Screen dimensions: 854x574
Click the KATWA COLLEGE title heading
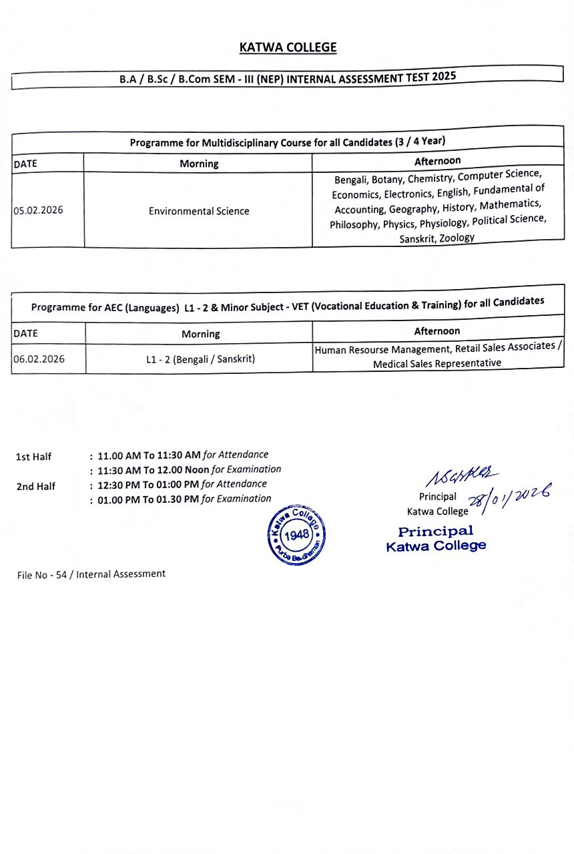tap(288, 47)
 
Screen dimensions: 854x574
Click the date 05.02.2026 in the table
tap(38, 210)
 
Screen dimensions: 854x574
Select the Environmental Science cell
tap(199, 211)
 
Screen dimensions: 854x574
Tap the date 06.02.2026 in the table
tap(39, 359)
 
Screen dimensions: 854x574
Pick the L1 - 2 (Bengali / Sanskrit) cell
tap(200, 359)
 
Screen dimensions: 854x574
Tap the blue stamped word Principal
tap(435, 531)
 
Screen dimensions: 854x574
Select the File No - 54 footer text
tap(91, 574)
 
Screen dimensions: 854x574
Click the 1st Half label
tap(33, 457)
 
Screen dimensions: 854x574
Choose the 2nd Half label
tap(35, 486)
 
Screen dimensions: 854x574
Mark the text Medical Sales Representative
tap(437, 363)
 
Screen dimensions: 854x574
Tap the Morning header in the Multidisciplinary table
tap(199, 164)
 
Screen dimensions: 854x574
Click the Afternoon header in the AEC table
tap(437, 331)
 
